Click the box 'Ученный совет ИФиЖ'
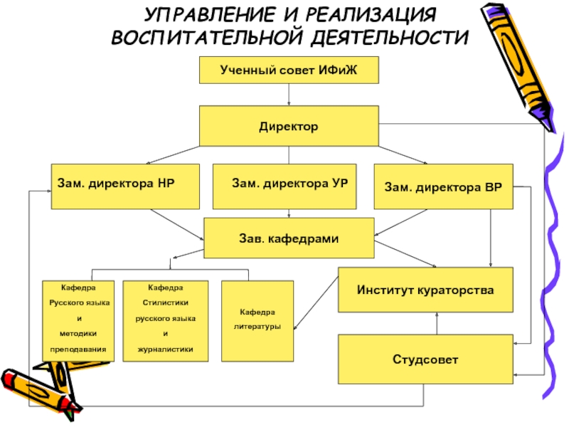point(288,71)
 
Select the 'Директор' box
point(288,126)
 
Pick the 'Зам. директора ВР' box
point(443,187)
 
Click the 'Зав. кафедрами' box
point(289,238)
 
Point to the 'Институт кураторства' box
point(425,290)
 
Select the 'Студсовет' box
point(425,359)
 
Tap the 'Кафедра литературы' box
point(257,320)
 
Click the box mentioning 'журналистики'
point(166,319)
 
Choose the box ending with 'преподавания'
point(78,319)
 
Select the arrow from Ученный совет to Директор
point(288,95)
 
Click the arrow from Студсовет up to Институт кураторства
point(437,325)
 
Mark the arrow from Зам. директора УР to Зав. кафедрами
point(288,213)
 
